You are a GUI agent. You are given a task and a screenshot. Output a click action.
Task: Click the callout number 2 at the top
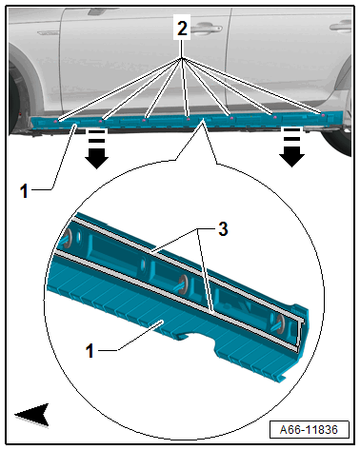pyautogui.click(x=182, y=29)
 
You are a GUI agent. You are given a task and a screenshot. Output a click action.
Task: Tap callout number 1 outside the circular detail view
pyautogui.click(x=24, y=191)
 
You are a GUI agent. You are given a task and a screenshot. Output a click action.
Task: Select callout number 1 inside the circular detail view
pyautogui.click(x=90, y=351)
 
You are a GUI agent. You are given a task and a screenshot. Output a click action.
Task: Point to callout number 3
pyautogui.click(x=223, y=228)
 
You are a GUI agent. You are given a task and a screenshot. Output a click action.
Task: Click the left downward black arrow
pyautogui.click(x=97, y=148)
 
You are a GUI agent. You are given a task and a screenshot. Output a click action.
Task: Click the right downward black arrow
pyautogui.click(x=291, y=147)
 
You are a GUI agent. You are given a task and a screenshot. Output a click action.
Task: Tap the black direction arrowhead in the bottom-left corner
pyautogui.click(x=32, y=415)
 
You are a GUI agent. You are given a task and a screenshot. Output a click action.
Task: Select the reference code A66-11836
pyautogui.click(x=309, y=430)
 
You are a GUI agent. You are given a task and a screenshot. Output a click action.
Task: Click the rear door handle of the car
pyautogui.click(x=341, y=26)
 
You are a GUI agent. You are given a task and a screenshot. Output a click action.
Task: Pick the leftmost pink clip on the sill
pyautogui.click(x=56, y=121)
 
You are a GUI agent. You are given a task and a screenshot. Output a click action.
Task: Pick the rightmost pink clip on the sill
pyautogui.click(x=323, y=115)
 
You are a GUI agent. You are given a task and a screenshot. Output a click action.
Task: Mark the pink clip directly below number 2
pyautogui.click(x=188, y=119)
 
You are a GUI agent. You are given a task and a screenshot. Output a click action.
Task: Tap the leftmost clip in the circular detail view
pyautogui.click(x=67, y=239)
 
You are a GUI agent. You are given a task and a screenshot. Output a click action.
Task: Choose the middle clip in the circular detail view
pyautogui.click(x=182, y=284)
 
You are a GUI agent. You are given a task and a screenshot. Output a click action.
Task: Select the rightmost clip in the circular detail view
pyautogui.click(x=279, y=323)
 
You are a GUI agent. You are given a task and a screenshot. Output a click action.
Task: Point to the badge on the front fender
pyautogui.click(x=49, y=32)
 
